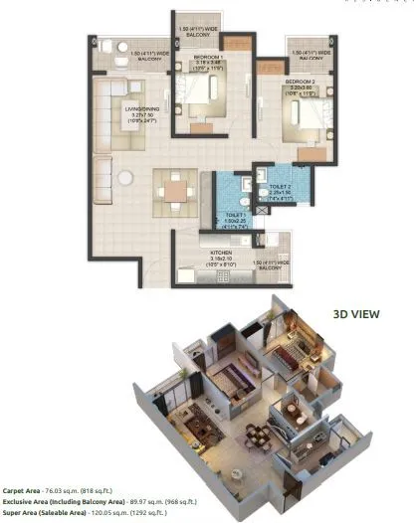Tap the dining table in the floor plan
coord(175,188)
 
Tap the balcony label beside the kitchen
coord(270,264)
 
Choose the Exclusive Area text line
coord(90,501)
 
